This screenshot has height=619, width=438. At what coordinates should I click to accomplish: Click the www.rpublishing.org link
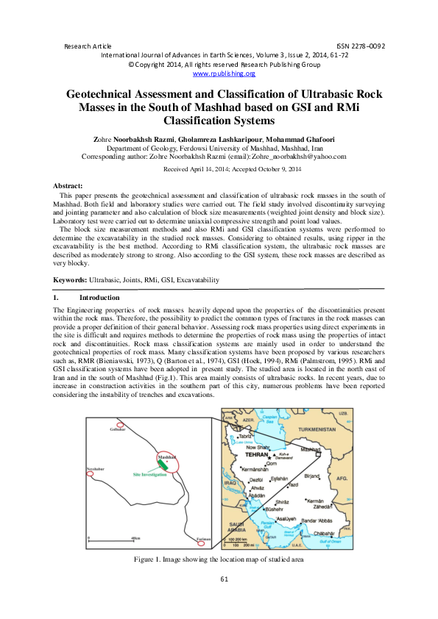pyautogui.click(x=224, y=74)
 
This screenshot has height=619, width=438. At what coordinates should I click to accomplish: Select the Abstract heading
pyautogui.click(x=69, y=187)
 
